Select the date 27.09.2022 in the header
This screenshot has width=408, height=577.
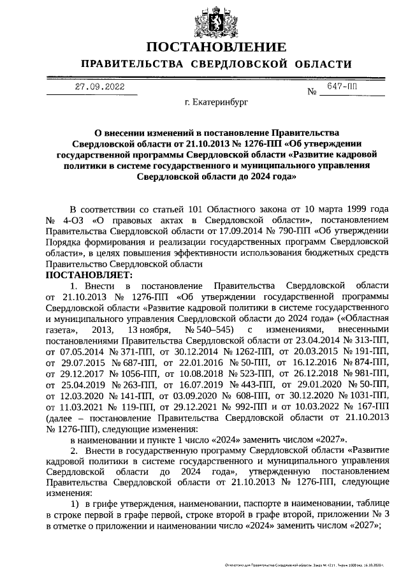(99, 87)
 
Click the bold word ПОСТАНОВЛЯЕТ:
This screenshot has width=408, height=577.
(89, 275)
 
